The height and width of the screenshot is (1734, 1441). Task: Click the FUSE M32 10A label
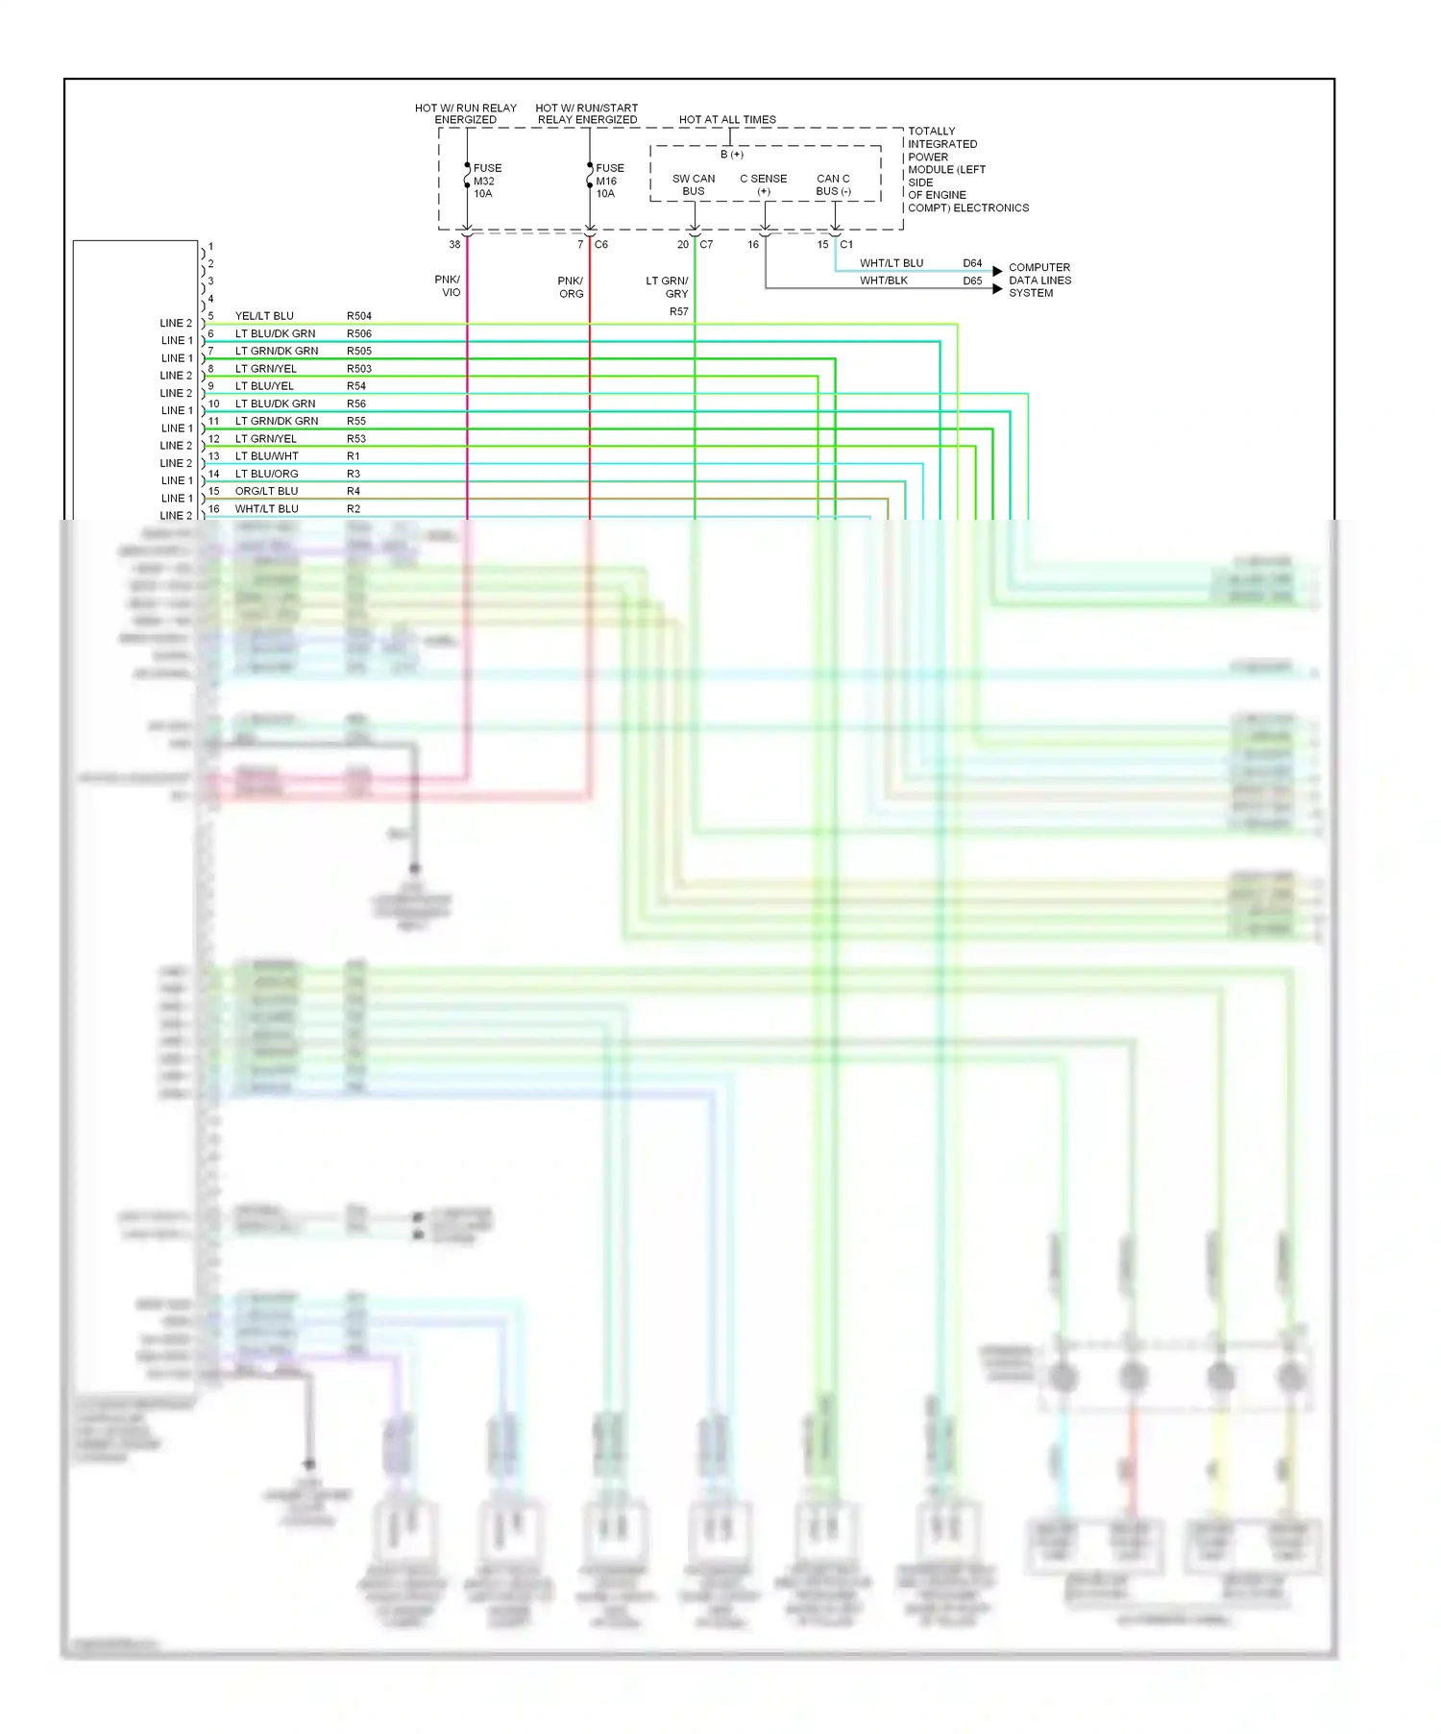pos(486,181)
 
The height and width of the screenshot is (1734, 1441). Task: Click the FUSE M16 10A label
pos(608,181)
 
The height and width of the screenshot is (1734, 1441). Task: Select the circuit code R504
pos(358,316)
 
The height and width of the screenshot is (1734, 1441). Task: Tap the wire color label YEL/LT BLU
pos(264,316)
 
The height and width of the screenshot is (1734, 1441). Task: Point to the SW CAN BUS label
pos(694,184)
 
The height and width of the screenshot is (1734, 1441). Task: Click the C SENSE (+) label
pos(764,184)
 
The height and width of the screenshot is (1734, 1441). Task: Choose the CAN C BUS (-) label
pos(833,184)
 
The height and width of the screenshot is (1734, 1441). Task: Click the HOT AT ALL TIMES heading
pos(727,120)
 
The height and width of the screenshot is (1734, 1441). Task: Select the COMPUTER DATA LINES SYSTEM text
pos(1039,281)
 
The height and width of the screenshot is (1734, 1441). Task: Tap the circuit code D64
pos(972,263)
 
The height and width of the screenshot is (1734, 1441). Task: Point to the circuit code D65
pos(972,281)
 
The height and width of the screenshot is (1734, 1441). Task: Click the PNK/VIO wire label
pos(448,286)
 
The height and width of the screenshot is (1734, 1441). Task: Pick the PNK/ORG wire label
pos(571,287)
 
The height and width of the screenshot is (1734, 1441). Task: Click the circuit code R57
pos(678,311)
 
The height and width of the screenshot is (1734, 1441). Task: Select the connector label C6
pos(601,245)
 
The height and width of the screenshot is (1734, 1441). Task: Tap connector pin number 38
pos(454,245)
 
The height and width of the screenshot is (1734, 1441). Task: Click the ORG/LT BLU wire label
pos(266,491)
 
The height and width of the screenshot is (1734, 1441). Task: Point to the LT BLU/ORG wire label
pos(266,474)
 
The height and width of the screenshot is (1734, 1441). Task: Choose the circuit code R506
pos(358,334)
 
